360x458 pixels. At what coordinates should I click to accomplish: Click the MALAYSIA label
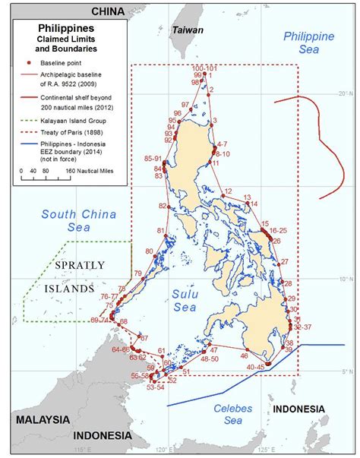click(37, 419)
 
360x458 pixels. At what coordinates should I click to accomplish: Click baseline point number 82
click(163, 206)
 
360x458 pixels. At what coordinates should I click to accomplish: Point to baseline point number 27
click(285, 262)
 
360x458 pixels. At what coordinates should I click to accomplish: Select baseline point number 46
click(245, 355)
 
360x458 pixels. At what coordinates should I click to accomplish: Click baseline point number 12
click(227, 192)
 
